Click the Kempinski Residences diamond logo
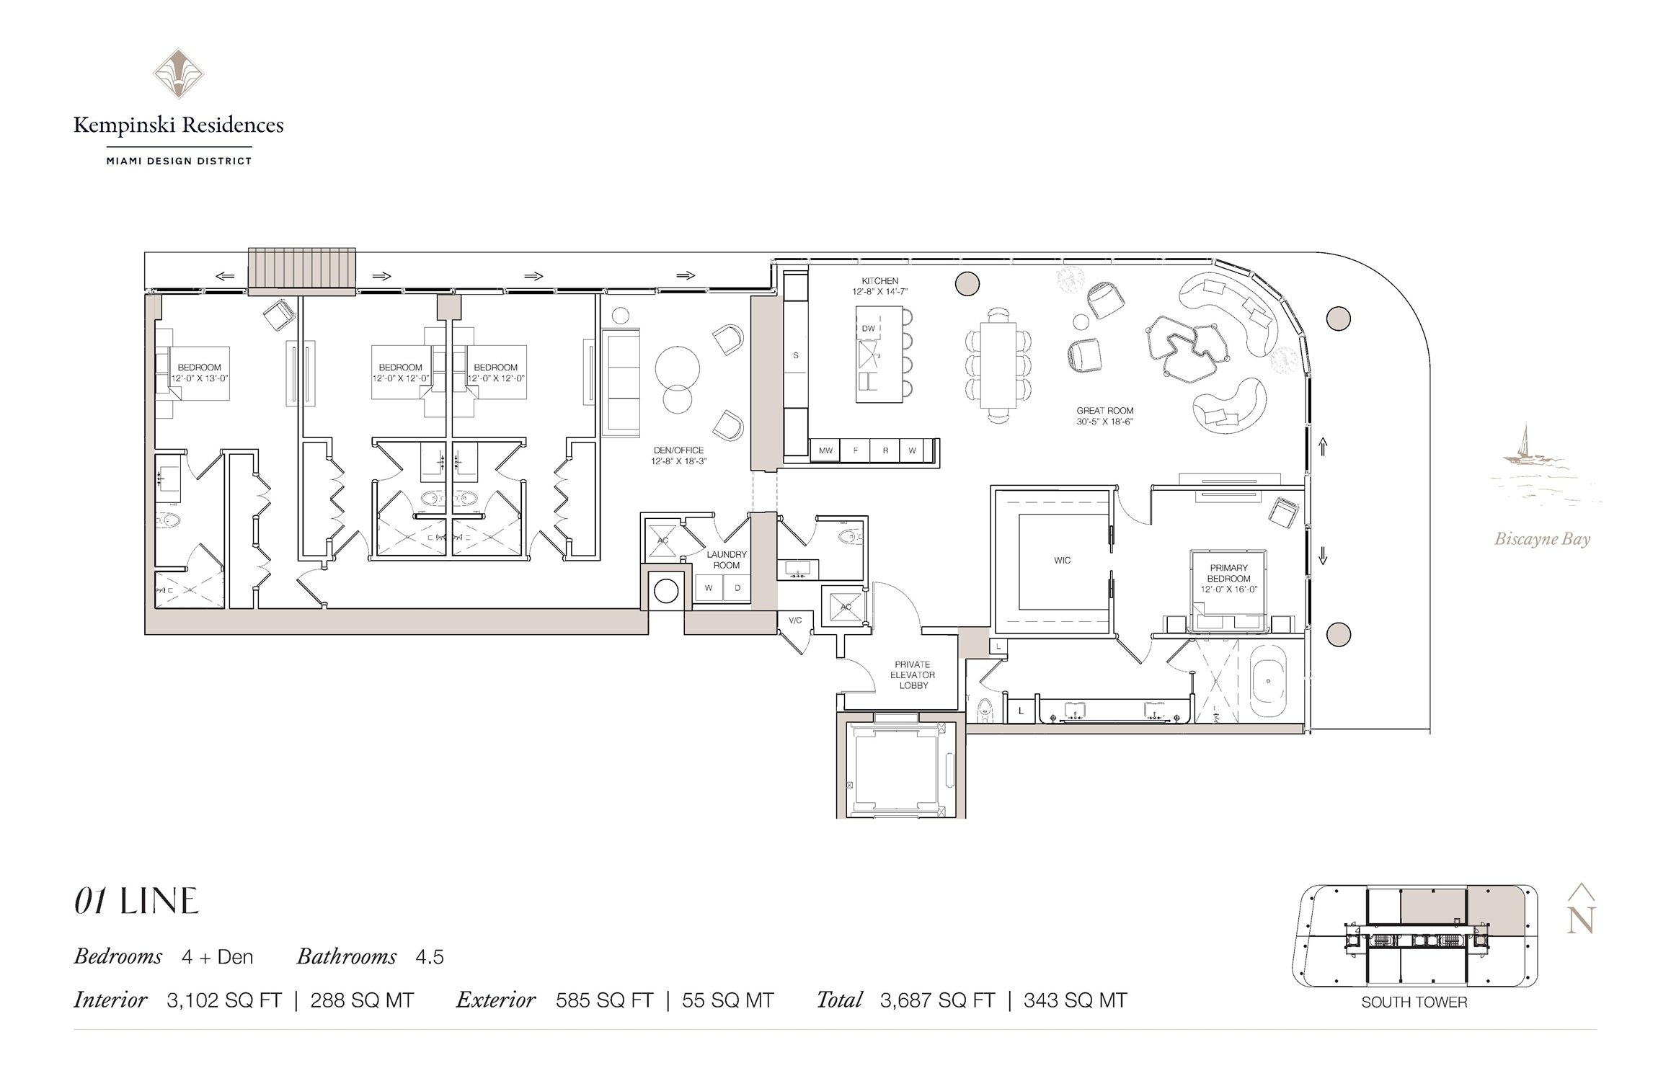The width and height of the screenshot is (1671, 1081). [178, 74]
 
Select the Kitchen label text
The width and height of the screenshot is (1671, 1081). [880, 281]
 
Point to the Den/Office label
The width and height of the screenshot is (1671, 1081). [678, 450]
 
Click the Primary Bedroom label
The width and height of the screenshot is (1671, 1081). [1229, 573]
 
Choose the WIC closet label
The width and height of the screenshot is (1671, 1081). [1062, 560]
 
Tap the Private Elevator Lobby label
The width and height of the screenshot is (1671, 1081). [913, 675]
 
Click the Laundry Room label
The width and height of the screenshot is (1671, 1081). [727, 560]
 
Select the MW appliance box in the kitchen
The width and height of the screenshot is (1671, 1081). [825, 450]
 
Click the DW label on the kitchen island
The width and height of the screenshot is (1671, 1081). [869, 329]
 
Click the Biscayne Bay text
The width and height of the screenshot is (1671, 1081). [1542, 539]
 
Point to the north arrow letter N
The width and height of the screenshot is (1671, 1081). [1580, 920]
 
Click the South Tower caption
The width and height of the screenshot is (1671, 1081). [1414, 1002]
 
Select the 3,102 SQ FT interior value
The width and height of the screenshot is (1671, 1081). [224, 1000]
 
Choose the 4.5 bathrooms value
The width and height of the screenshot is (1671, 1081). [430, 957]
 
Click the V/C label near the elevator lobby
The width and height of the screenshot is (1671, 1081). [795, 620]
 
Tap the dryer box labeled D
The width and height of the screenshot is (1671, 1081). [737, 588]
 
